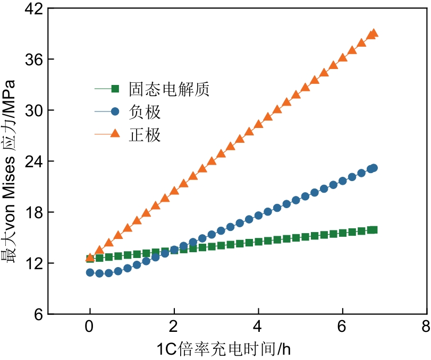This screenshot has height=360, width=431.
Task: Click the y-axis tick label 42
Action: [x=33, y=9]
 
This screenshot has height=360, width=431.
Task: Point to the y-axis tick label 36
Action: [x=33, y=59]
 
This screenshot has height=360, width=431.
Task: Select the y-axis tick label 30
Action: [x=33, y=110]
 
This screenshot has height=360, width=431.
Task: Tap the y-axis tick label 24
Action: [x=33, y=161]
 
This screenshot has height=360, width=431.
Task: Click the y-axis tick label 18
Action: [x=33, y=212]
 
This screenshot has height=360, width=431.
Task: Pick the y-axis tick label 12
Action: [x=33, y=263]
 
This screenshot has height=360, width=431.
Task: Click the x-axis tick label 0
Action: [x=90, y=325]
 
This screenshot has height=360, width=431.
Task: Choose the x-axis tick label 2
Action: [x=174, y=325]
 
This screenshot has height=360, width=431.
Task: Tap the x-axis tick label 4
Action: [x=258, y=325]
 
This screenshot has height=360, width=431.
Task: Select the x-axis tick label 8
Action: [x=426, y=325]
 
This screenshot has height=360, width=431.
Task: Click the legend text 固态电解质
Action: [x=169, y=89]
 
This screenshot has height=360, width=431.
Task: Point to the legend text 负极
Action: [x=145, y=112]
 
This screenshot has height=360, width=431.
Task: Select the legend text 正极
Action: [x=145, y=135]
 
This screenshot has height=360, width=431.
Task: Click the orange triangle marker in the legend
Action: [x=114, y=135]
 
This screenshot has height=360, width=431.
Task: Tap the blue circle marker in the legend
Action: [x=114, y=112]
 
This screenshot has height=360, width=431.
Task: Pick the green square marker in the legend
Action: [x=114, y=89]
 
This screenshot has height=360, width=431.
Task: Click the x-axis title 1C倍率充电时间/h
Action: [x=224, y=349]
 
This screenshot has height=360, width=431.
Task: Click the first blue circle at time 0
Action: [x=90, y=272]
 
